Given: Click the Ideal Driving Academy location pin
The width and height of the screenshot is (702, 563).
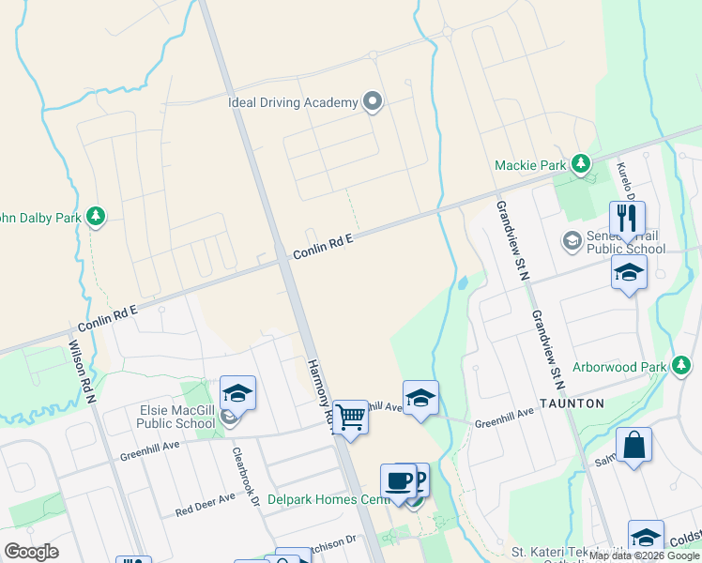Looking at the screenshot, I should tap(373, 102).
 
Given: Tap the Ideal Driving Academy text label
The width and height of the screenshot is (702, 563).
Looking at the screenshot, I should tap(293, 102).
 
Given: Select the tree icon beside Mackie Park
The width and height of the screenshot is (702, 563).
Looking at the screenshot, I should tap(581, 165).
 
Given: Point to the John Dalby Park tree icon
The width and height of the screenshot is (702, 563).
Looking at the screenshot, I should tap(95, 218).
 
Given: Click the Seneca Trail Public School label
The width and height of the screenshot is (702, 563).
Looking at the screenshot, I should tap(626, 242).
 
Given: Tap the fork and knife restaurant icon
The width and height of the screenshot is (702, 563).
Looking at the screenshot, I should tap(627, 219).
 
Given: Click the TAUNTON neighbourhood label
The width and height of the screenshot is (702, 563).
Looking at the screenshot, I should tap(572, 402).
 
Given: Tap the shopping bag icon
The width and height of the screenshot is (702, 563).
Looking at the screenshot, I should tap(633, 445).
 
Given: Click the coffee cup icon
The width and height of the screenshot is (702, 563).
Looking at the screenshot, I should tap(398, 479).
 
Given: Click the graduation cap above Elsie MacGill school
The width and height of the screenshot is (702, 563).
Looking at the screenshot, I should tap(238, 393).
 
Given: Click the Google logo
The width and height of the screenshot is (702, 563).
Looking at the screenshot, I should tap(31, 552).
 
